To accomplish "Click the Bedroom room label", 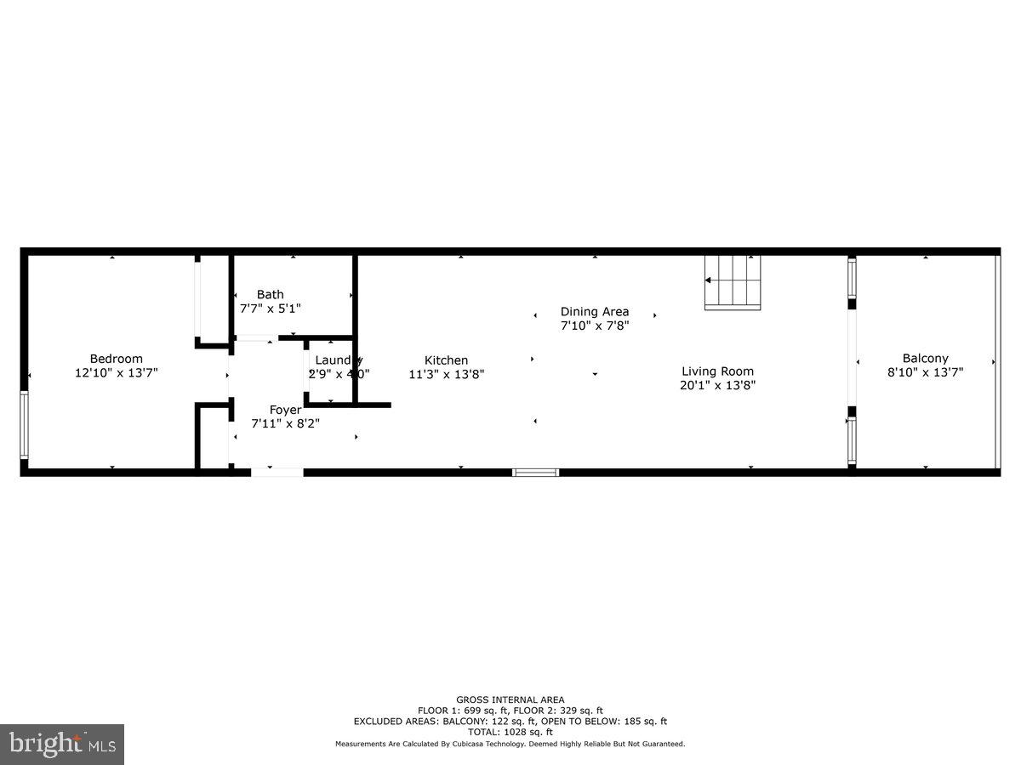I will coord(117,359).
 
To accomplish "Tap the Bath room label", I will coord(271,295).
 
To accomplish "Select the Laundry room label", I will coord(339,360).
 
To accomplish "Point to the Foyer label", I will coord(286,410).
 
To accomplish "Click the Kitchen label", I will coord(447,360).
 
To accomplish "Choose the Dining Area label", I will coord(595,312).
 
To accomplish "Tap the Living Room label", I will coord(718,371).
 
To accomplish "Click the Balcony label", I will coord(926,359).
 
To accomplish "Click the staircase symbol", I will coord(733,282).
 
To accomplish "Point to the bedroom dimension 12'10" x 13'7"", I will coord(117,372).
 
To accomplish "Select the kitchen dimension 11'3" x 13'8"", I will coord(447,374).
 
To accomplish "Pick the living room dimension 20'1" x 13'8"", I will coord(718,385).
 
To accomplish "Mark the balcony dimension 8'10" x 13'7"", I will coord(926,372).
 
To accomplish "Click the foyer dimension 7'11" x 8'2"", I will coord(286,423).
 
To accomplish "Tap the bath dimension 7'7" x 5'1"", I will coord(271,309).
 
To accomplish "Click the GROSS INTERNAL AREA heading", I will coord(510,700).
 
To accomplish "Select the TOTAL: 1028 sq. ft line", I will coord(510,732).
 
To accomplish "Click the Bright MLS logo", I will coord(61,745).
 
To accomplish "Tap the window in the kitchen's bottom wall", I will coord(536,472).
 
